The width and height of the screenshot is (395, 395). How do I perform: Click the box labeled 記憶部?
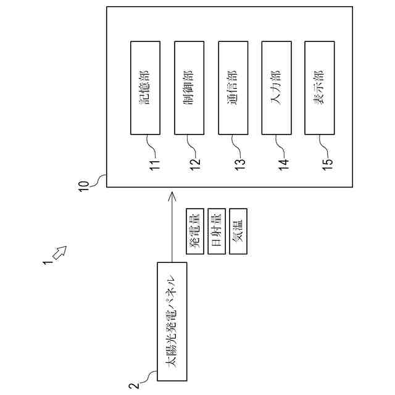point(146,88)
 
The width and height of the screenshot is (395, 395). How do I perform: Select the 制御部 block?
point(189,88)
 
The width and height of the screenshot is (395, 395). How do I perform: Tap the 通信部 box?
point(233,88)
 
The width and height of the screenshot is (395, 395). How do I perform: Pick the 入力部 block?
point(276,88)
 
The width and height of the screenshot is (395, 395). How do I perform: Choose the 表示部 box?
point(320,88)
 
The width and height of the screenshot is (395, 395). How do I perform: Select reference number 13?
point(240,164)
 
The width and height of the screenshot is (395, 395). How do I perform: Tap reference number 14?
point(283,164)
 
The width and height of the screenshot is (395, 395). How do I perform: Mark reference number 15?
point(327,164)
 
